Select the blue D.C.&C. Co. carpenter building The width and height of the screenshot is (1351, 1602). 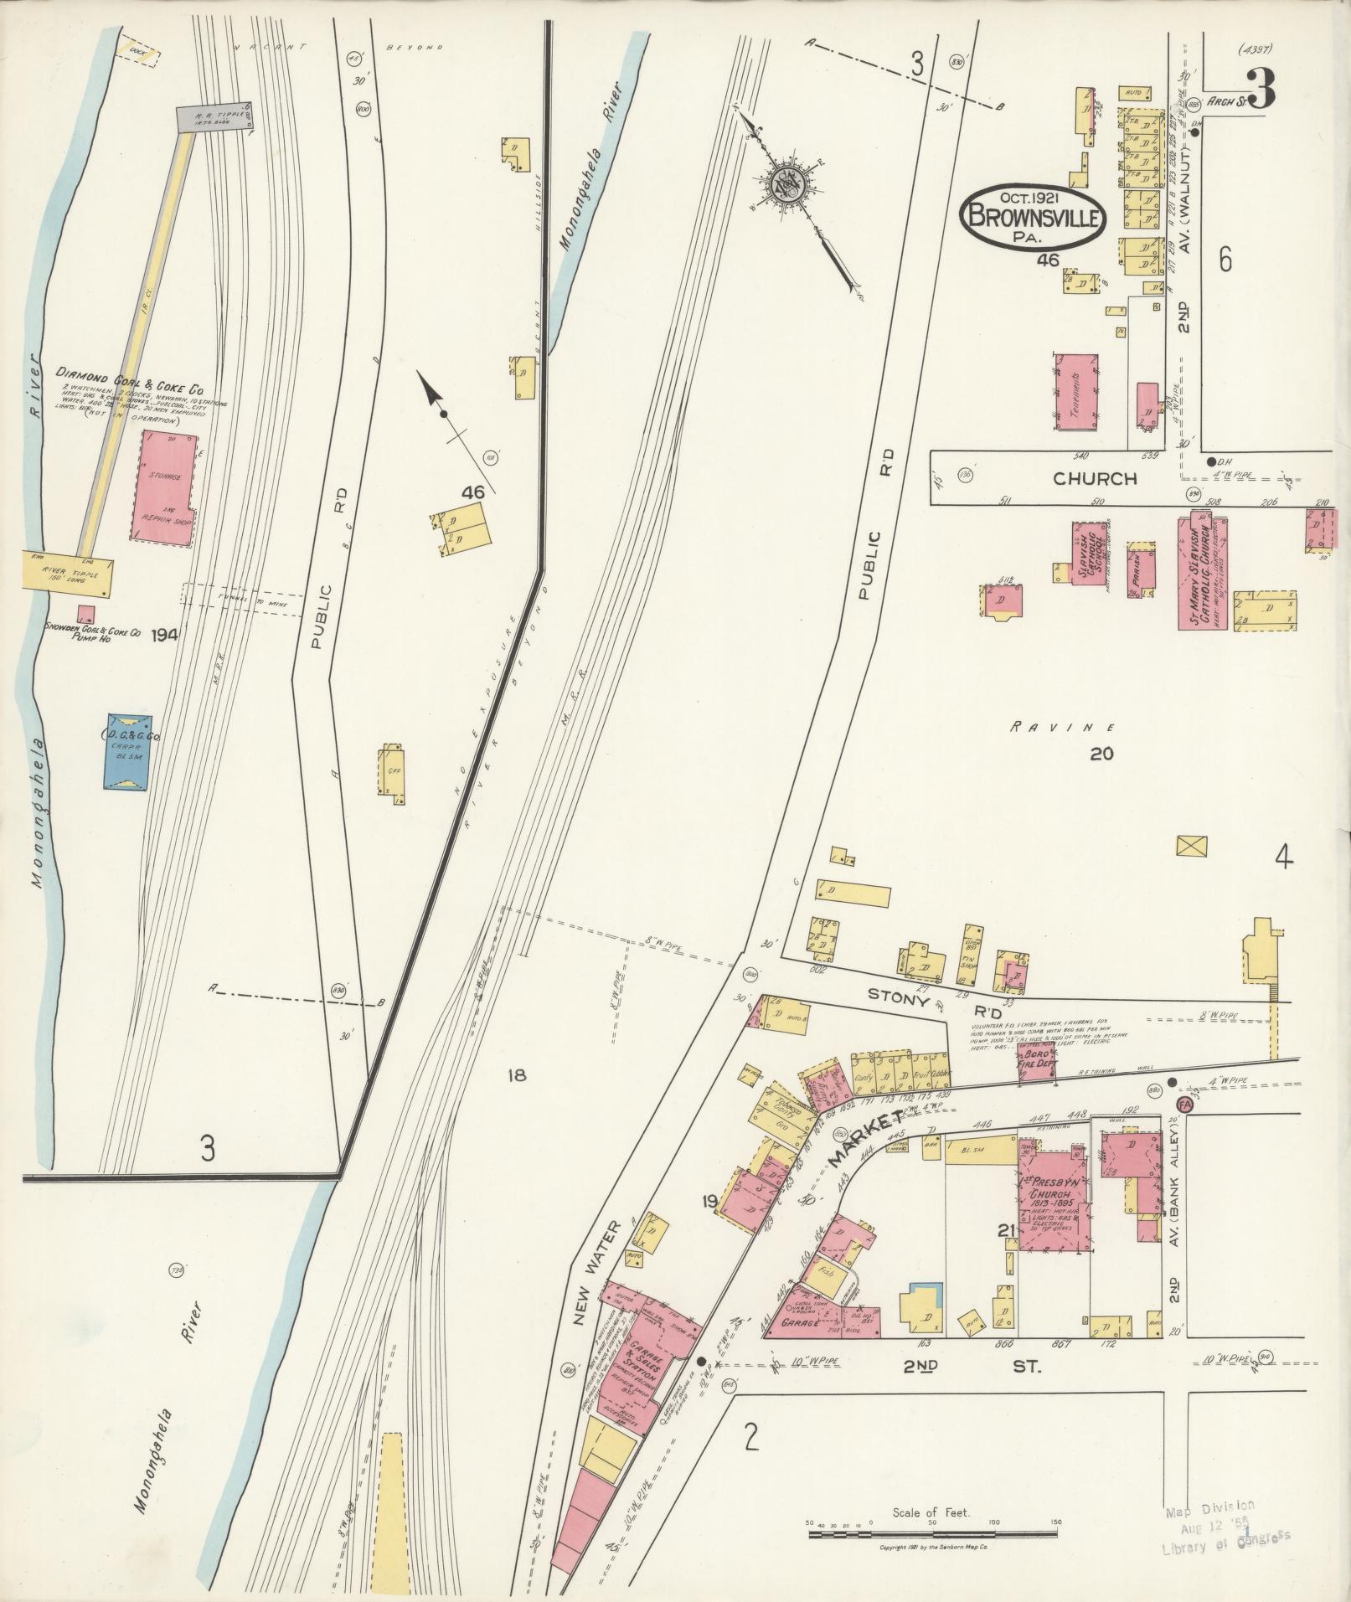pyautogui.click(x=128, y=751)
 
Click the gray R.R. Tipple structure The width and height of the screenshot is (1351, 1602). pyautogui.click(x=214, y=117)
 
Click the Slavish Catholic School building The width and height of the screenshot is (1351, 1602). pyautogui.click(x=1088, y=553)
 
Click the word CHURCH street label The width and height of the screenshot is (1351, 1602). pyautogui.click(x=1095, y=479)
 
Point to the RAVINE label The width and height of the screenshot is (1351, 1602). pyautogui.click(x=1062, y=727)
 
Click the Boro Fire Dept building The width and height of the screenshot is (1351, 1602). pyautogui.click(x=1035, y=1064)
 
